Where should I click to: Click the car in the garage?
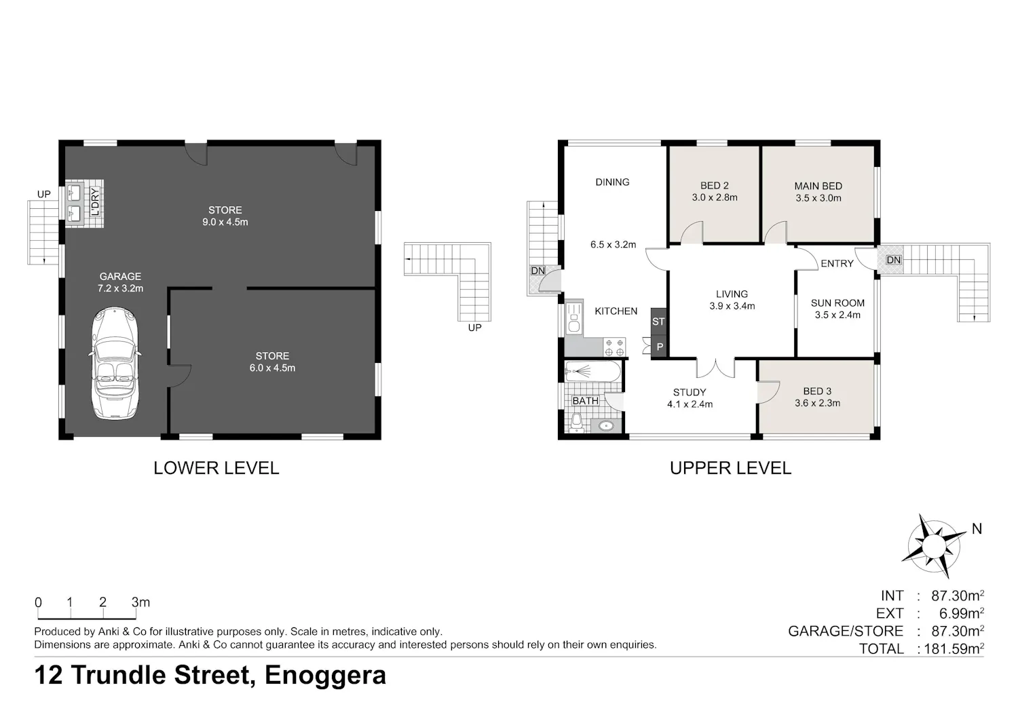coord(115,364)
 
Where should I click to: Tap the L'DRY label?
coord(95,203)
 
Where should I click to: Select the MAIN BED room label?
coord(818,186)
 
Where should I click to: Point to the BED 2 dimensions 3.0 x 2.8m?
coord(715,197)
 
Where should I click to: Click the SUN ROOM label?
coord(837,303)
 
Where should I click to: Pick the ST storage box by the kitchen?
coord(658,322)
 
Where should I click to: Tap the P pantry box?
coord(660,347)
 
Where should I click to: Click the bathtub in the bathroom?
coord(592,372)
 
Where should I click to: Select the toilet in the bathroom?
coord(576,423)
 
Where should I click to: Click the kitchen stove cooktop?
coord(614,347)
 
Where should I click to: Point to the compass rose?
coord(934,546)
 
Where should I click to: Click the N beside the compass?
coord(977,528)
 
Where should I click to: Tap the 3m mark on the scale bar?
coord(140,602)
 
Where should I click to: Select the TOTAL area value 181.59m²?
coord(954,648)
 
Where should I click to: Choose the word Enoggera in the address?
coord(325,676)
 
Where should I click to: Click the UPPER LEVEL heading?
coord(730,468)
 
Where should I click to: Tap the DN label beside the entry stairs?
coord(894,260)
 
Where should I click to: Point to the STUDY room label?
coord(690,392)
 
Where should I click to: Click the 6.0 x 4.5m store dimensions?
coord(272,368)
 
